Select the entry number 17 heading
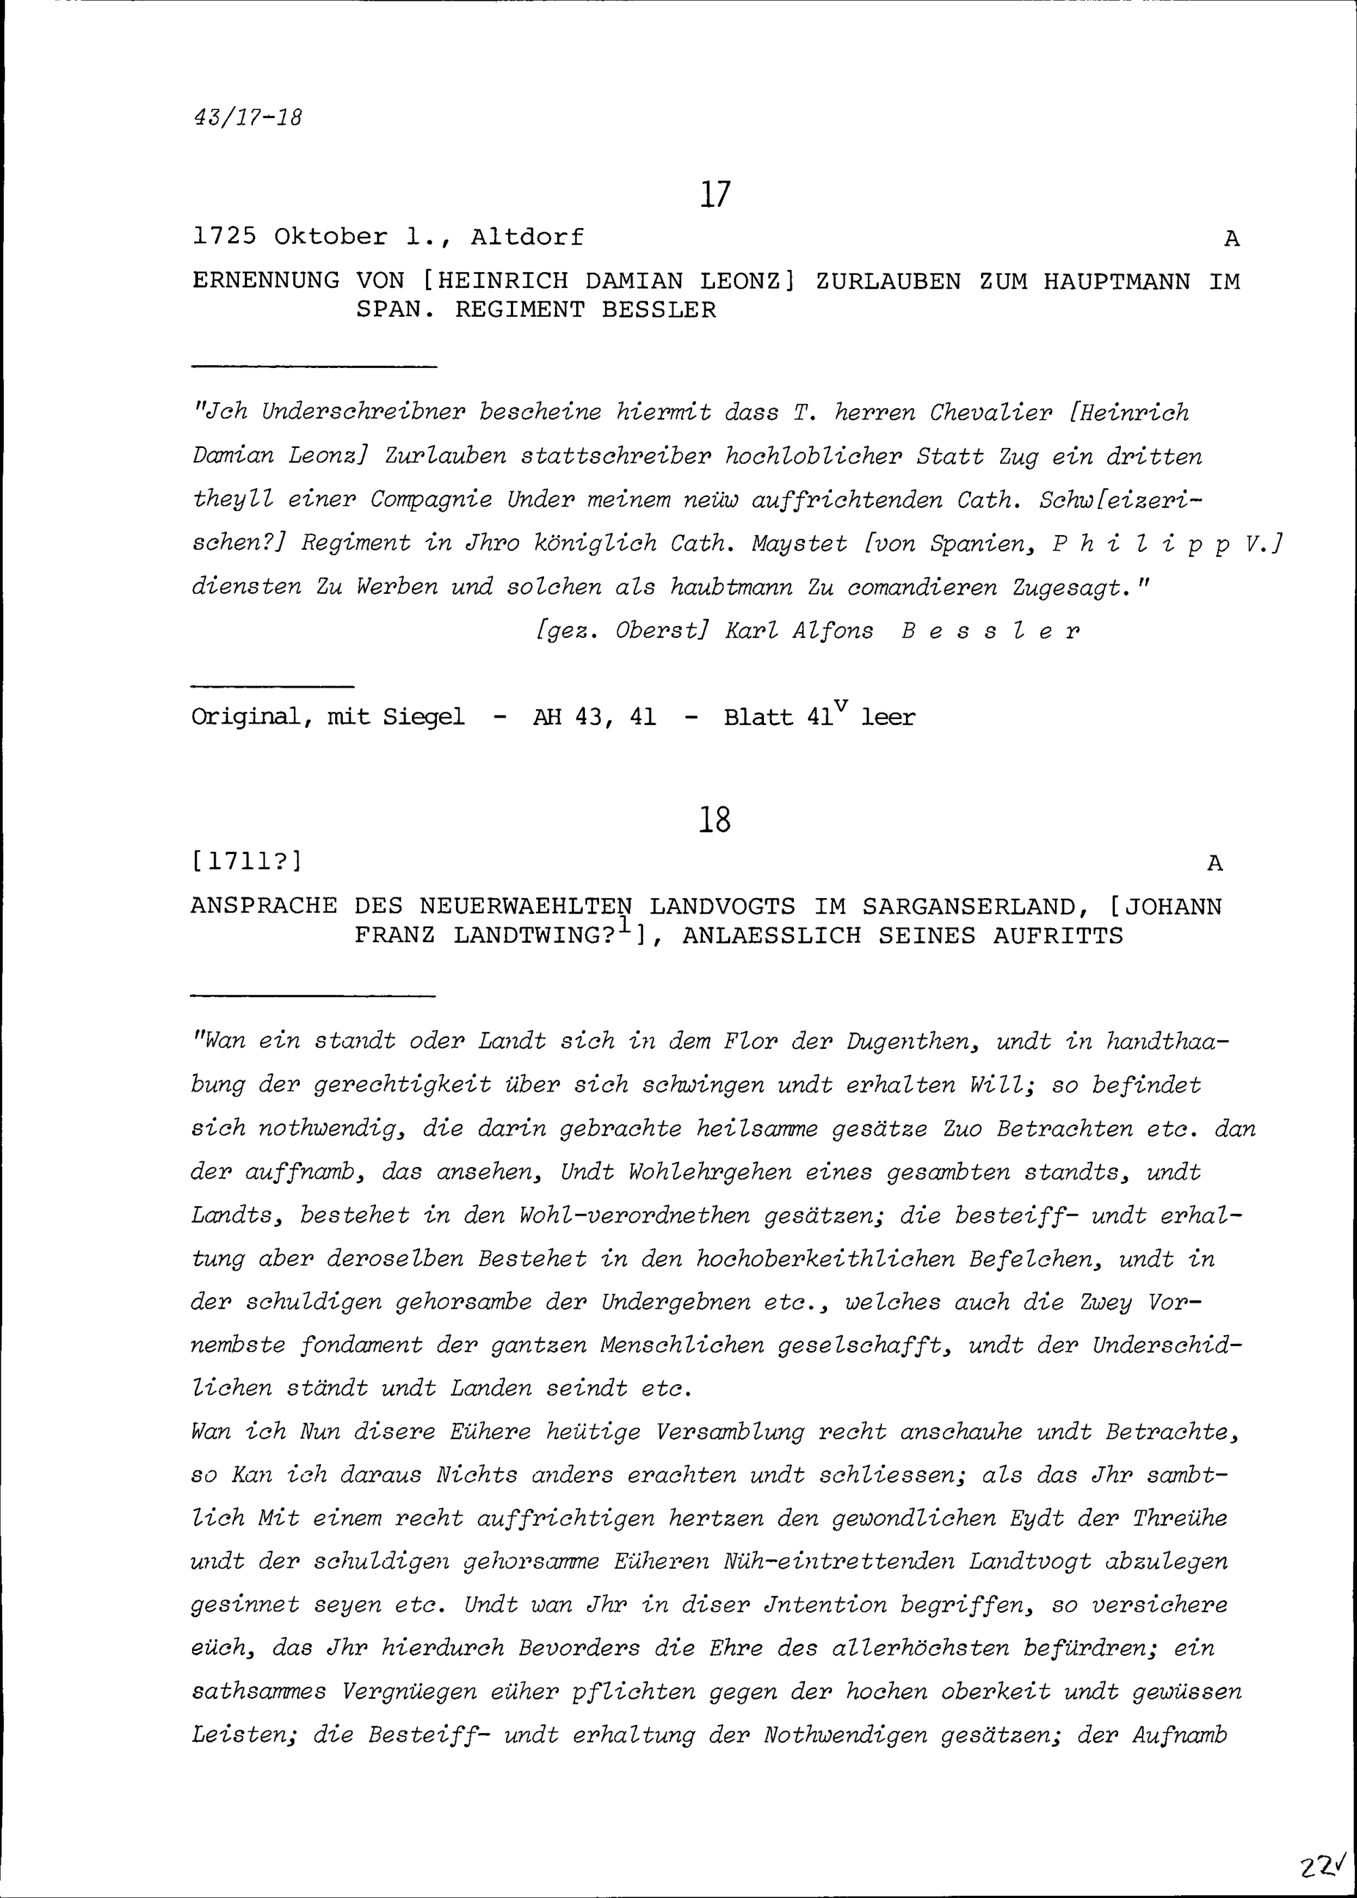(715, 195)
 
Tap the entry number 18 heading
(714, 820)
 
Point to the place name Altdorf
(527, 238)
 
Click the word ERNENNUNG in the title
(266, 281)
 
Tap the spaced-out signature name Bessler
(991, 631)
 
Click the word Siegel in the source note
(423, 717)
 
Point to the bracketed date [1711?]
(246, 861)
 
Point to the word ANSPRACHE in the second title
(264, 906)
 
